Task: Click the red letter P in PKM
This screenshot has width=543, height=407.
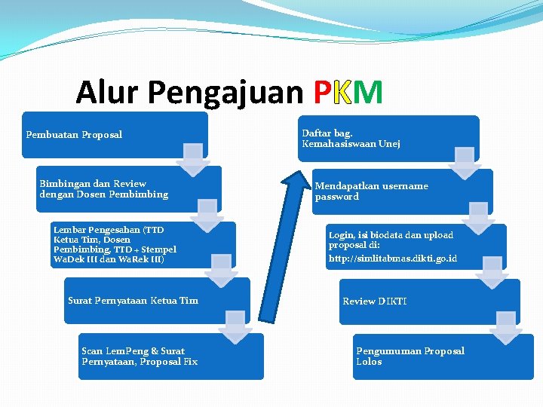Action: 321,93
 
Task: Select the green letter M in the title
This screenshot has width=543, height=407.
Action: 368,93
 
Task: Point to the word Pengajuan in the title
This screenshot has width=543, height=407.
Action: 227,93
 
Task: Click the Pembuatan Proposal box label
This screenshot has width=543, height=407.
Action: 74,135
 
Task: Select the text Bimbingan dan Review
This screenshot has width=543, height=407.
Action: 93,184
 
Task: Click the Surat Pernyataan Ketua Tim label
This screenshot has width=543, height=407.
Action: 133,301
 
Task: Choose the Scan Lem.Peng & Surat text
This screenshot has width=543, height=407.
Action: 133,351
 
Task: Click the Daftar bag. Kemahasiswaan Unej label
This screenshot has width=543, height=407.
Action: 351,139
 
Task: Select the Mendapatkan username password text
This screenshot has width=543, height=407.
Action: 371,191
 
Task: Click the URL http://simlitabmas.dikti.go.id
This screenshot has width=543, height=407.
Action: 392,259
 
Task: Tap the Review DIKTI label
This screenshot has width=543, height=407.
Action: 374,301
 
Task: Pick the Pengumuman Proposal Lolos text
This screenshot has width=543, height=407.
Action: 410,357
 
